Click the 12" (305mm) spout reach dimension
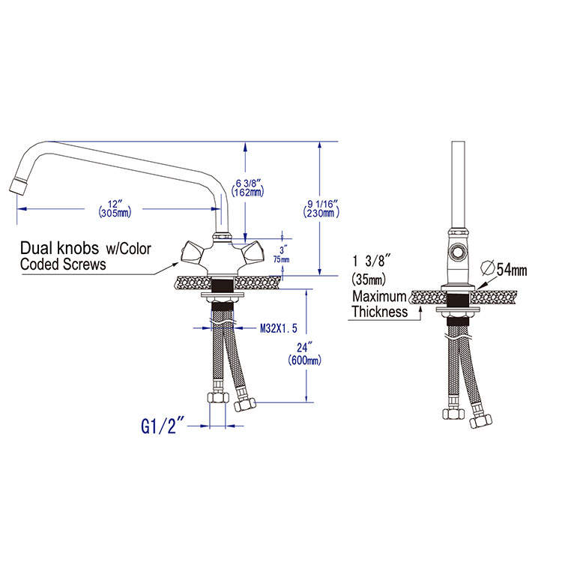115,208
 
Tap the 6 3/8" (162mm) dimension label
248,188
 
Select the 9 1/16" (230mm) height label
321,208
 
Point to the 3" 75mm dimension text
282,254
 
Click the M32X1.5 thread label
279,328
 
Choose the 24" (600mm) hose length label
305,354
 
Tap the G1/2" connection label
163,426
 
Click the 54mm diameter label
512,270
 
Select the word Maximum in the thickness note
379,297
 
